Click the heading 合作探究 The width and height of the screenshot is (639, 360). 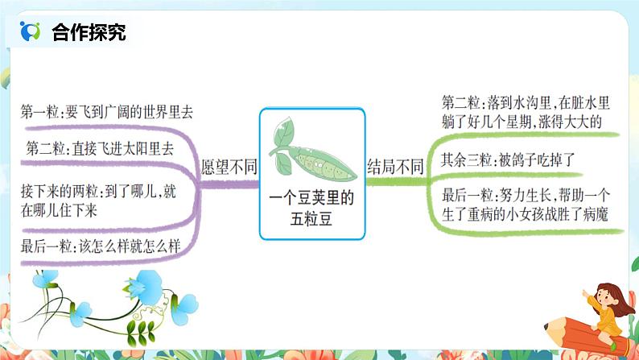tap(89, 32)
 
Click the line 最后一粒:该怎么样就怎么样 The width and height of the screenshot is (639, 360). tap(105, 248)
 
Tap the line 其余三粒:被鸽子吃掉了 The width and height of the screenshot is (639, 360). tap(508, 159)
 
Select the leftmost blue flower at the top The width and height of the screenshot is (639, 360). tap(47, 279)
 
